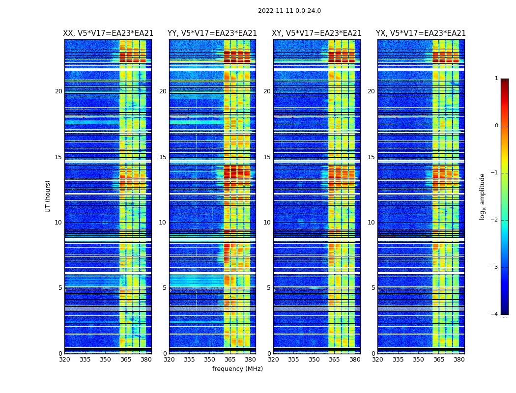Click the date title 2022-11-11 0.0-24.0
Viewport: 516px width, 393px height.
click(x=289, y=11)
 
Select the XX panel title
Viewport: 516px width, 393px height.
click(x=108, y=33)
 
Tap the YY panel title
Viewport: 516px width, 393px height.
click(x=212, y=33)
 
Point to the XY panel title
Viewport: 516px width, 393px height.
click(x=316, y=33)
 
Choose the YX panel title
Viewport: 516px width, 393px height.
click(x=421, y=33)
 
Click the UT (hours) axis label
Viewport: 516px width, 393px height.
click(x=48, y=196)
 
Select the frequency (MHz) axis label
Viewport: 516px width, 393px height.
click(x=237, y=369)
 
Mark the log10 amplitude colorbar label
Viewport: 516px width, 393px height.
click(x=483, y=196)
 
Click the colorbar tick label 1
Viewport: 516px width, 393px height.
click(x=496, y=79)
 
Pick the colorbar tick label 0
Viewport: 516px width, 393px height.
click(x=496, y=126)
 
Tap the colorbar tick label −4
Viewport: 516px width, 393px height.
click(x=495, y=314)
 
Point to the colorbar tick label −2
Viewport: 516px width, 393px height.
click(x=495, y=220)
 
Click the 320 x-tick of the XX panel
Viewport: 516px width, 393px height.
click(x=64, y=360)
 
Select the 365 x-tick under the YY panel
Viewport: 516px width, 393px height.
click(x=230, y=360)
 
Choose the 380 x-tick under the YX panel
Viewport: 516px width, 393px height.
click(x=459, y=360)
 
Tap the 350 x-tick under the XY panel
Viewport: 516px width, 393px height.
click(x=314, y=360)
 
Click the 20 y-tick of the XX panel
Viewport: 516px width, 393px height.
click(x=58, y=91)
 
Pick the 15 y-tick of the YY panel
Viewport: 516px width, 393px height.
click(x=163, y=157)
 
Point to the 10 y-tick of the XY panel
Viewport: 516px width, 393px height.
click(x=267, y=223)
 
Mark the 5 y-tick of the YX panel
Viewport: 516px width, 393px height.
click(x=373, y=288)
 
